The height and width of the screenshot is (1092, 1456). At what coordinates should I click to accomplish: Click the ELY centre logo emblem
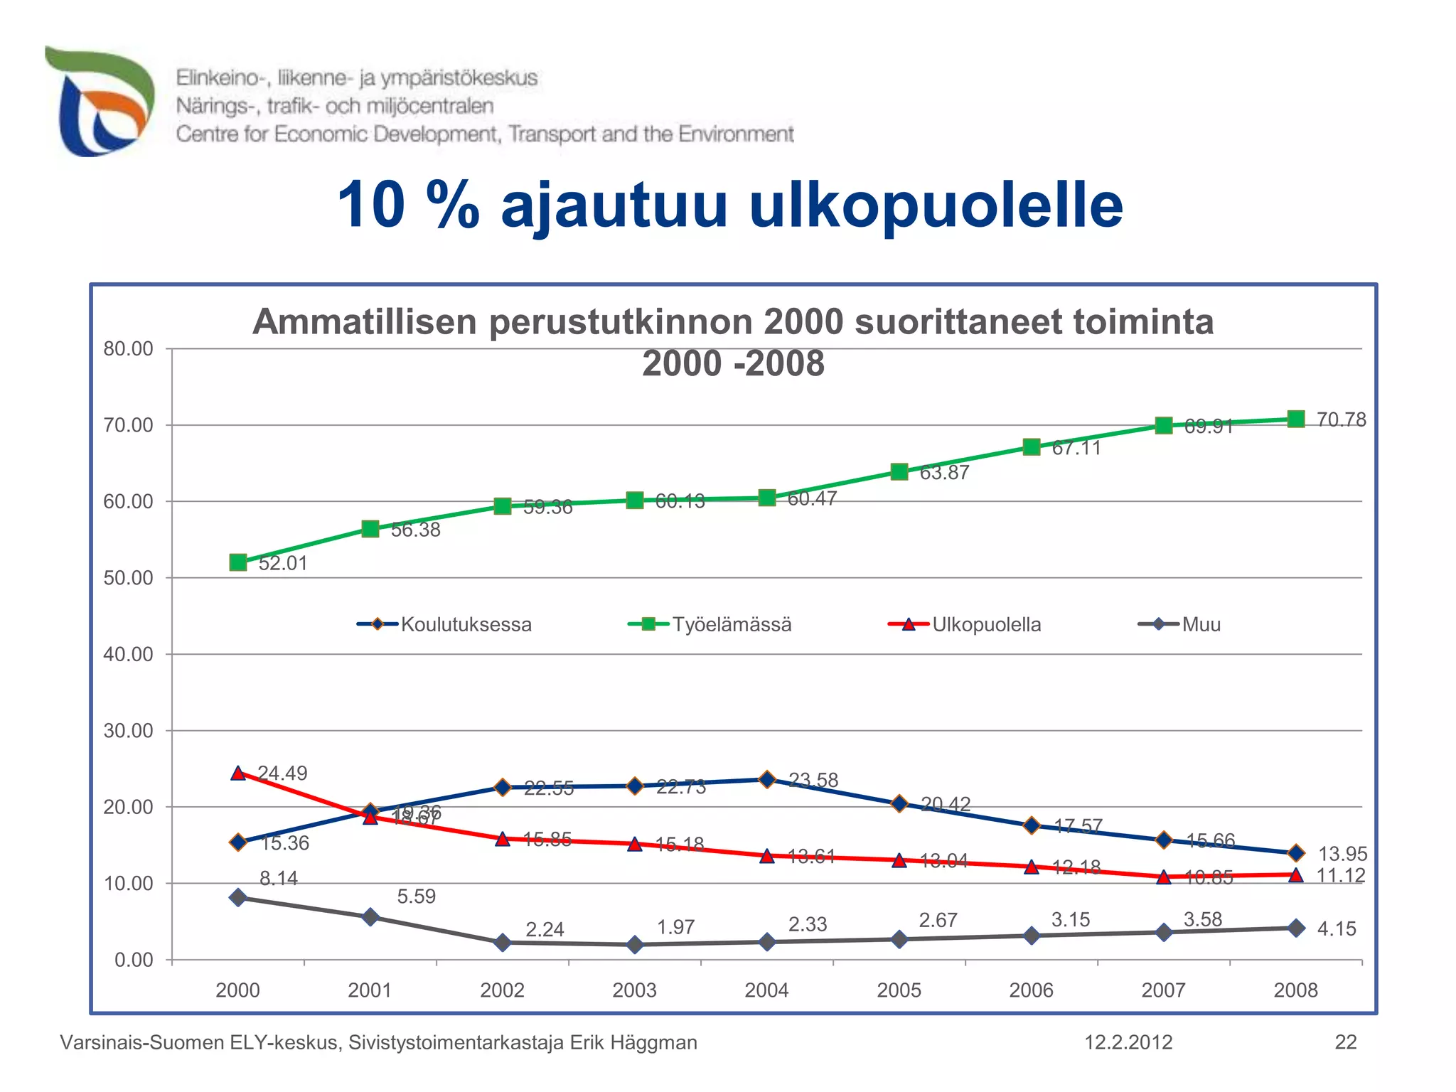pyautogui.click(x=100, y=101)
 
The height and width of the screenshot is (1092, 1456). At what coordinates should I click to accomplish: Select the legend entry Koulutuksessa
pyautogui.click(x=466, y=624)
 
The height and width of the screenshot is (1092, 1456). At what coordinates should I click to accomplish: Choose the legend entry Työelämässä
pyautogui.click(x=732, y=624)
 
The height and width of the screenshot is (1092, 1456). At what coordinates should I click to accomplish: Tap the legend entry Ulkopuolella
pyautogui.click(x=986, y=624)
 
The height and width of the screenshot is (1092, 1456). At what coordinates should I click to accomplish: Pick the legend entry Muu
pyautogui.click(x=1201, y=624)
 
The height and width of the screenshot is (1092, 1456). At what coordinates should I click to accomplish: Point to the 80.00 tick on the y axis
pyautogui.click(x=129, y=348)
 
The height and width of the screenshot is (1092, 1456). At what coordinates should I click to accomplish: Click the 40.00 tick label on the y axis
pyautogui.click(x=129, y=654)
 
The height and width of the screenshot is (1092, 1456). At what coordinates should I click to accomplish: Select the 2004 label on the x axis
pyautogui.click(x=766, y=990)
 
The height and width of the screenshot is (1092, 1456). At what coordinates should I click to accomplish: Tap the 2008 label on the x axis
pyautogui.click(x=1295, y=990)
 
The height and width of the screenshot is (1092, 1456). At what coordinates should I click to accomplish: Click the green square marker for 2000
pyautogui.click(x=238, y=562)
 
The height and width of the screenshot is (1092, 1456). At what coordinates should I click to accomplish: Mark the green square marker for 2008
pyautogui.click(x=1296, y=419)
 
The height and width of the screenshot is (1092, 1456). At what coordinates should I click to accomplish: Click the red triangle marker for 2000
pyautogui.click(x=238, y=773)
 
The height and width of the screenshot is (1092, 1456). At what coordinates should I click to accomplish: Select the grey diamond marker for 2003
pyautogui.click(x=635, y=944)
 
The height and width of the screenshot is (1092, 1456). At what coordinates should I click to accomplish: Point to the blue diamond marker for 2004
pyautogui.click(x=767, y=779)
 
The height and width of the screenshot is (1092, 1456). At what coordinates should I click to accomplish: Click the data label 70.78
pyautogui.click(x=1341, y=419)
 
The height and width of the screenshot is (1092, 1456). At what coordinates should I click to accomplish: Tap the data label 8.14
pyautogui.click(x=278, y=878)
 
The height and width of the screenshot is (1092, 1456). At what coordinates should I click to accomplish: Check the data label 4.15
pyautogui.click(x=1337, y=928)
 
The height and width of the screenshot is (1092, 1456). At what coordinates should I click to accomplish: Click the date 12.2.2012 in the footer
pyautogui.click(x=1128, y=1042)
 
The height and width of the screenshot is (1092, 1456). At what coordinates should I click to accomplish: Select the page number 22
pyautogui.click(x=1346, y=1042)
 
